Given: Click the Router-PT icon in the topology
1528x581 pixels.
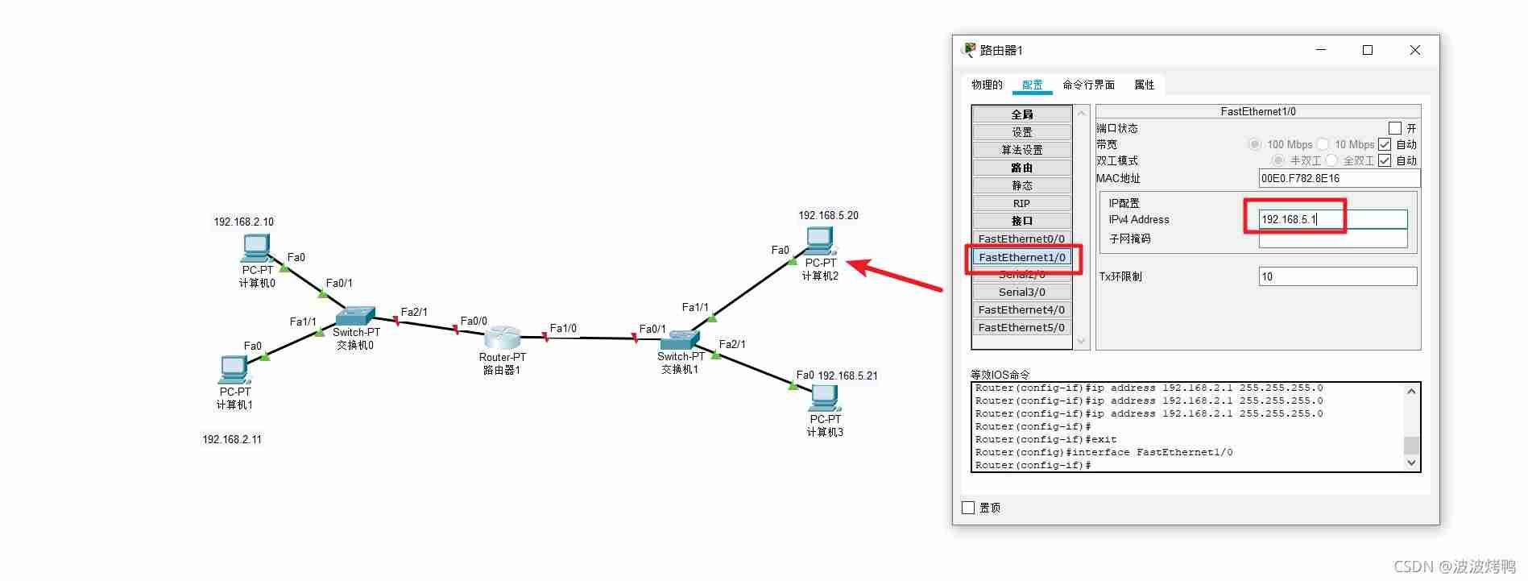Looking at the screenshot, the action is [x=503, y=338].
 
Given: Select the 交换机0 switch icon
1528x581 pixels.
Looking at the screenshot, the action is [x=355, y=316].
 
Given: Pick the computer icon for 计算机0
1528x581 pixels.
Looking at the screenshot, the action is [x=256, y=248].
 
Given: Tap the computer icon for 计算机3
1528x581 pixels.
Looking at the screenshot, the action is [x=825, y=399].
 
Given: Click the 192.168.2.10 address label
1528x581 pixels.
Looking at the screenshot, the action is [x=243, y=222].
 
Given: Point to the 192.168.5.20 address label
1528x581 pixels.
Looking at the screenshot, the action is [x=828, y=215].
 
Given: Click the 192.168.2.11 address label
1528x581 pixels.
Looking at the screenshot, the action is [x=232, y=439].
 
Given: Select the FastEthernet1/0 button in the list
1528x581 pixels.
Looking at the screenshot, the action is [x=1021, y=257].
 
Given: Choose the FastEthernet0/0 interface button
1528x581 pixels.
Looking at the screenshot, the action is [x=1021, y=239].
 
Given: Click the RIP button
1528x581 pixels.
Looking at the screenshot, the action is [x=1021, y=203].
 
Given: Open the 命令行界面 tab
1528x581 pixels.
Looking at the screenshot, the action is [x=1088, y=85].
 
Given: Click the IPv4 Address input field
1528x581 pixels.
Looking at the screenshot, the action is [x=1333, y=219].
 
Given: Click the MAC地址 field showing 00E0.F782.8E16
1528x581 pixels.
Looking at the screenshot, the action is [x=1339, y=178].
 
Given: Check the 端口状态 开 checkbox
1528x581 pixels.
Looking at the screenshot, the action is [x=1395, y=128].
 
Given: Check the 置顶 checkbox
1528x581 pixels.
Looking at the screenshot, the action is [x=968, y=508].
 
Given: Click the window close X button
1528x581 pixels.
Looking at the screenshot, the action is [x=1414, y=50].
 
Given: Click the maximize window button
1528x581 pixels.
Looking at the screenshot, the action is [x=1367, y=50].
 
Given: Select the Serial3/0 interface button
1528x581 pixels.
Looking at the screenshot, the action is [x=1021, y=292].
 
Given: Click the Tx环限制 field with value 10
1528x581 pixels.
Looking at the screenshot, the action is [x=1337, y=276].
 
